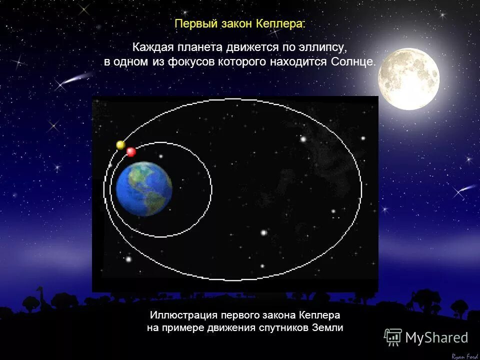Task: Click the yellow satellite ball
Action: [120, 145]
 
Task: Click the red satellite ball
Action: [131, 151]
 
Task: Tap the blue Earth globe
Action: [144, 188]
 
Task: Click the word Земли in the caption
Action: [329, 328]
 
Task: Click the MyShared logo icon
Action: [393, 337]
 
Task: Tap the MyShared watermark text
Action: [436, 338]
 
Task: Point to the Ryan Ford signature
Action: [464, 356]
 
